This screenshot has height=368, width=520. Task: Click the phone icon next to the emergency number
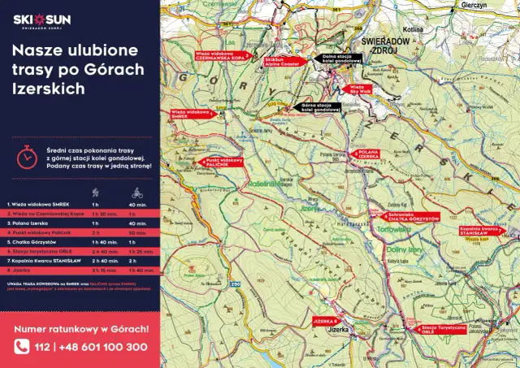pos(22,347)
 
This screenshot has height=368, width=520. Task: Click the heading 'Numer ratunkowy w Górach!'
pos(81,328)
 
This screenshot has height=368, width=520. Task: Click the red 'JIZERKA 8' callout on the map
pos(325,322)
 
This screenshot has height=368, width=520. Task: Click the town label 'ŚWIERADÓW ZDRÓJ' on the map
pos(379,45)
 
